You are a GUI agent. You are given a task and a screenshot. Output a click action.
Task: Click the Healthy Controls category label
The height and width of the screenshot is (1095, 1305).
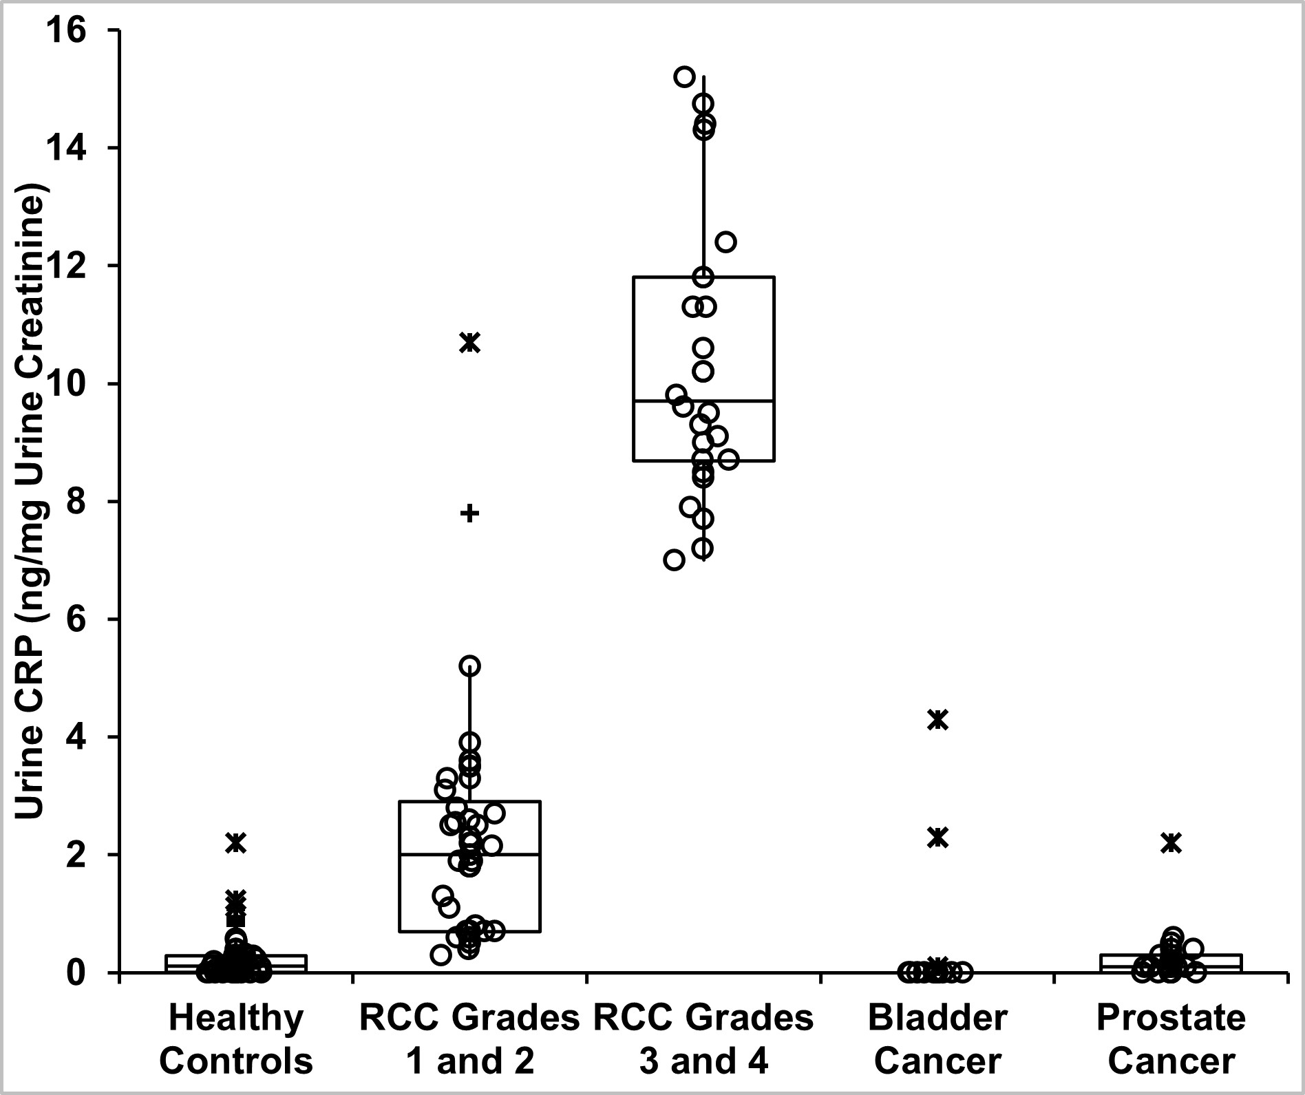point(236,1039)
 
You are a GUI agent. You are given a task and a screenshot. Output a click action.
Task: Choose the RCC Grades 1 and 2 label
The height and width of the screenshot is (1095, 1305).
point(469,1039)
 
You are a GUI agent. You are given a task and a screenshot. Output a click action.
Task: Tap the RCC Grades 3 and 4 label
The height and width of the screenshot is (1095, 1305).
point(703,1039)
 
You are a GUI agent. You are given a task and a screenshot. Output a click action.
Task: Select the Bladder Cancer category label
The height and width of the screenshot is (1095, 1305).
point(937,1039)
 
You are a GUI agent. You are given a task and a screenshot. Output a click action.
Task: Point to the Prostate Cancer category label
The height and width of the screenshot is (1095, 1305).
point(1171,1039)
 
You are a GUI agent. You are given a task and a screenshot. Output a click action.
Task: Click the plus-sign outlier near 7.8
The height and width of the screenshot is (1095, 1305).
point(469,513)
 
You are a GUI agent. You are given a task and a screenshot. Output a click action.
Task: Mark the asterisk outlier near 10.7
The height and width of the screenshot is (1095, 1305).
point(470,342)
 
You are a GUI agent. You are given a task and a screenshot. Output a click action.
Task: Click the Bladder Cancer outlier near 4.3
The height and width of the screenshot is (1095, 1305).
point(937,719)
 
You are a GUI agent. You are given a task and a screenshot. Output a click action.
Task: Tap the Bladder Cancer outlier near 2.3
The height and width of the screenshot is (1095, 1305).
point(937,837)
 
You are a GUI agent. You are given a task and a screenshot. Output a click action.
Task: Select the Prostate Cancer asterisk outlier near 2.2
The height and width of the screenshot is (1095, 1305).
point(1171,842)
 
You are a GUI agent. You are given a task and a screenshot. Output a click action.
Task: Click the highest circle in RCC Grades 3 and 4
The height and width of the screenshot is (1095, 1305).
point(684,76)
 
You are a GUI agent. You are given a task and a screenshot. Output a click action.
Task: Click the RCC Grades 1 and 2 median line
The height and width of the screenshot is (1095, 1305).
point(509,854)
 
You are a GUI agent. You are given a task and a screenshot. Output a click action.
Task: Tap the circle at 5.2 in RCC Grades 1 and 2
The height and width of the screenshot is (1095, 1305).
point(469,666)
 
